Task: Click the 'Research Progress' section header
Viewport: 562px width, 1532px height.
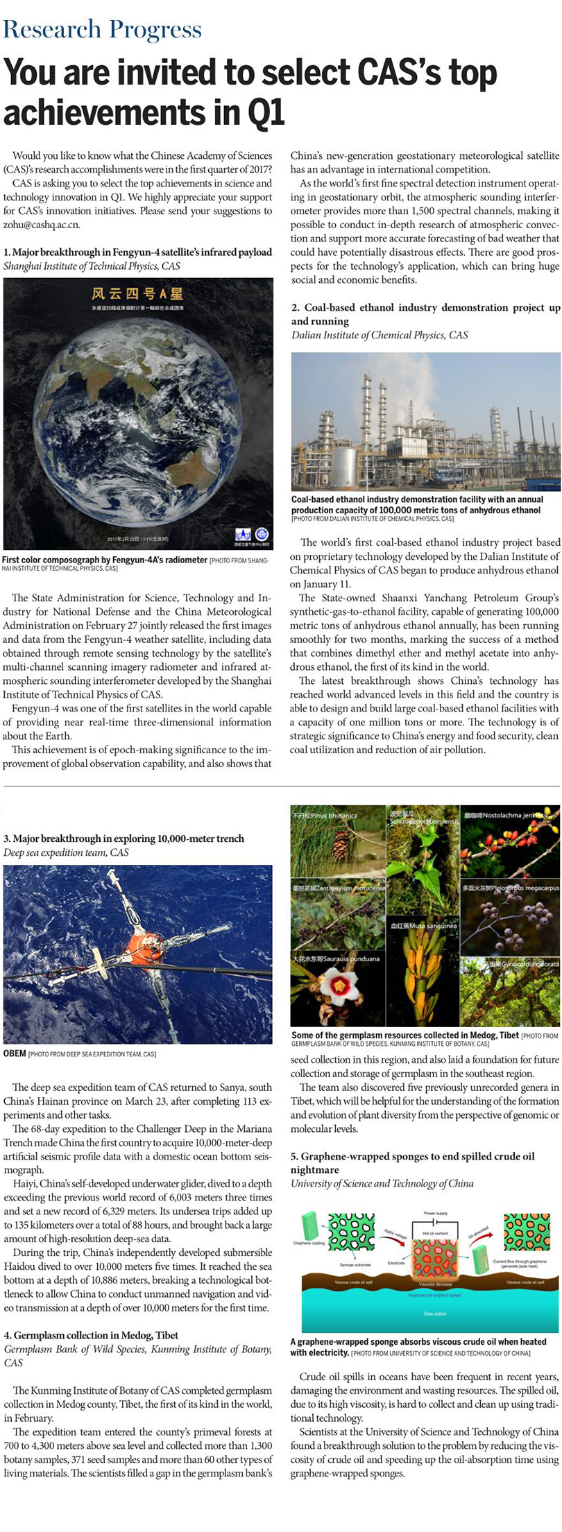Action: pyautogui.click(x=103, y=29)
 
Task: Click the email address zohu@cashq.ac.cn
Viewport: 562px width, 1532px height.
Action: pyautogui.click(x=42, y=225)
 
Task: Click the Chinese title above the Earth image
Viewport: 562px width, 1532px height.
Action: pyautogui.click(x=138, y=293)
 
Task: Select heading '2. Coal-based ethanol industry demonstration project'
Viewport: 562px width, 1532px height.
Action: pyautogui.click(x=425, y=313)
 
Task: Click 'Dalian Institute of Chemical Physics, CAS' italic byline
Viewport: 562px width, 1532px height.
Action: pyautogui.click(x=380, y=335)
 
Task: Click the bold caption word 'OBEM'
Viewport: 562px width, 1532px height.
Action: pyautogui.click(x=15, y=1053)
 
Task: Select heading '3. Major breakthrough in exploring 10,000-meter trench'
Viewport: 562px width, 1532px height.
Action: pyautogui.click(x=124, y=838)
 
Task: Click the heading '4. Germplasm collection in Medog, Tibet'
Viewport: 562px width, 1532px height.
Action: pyautogui.click(x=91, y=1335)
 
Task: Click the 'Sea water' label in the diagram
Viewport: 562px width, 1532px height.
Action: pyautogui.click(x=435, y=1314)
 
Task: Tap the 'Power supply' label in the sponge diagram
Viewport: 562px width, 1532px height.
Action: pyautogui.click(x=436, y=1213)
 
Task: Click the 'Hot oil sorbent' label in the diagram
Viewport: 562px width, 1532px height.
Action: pyautogui.click(x=435, y=1234)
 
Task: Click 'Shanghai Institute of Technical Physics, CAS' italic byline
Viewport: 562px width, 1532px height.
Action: pyautogui.click(x=92, y=266)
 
